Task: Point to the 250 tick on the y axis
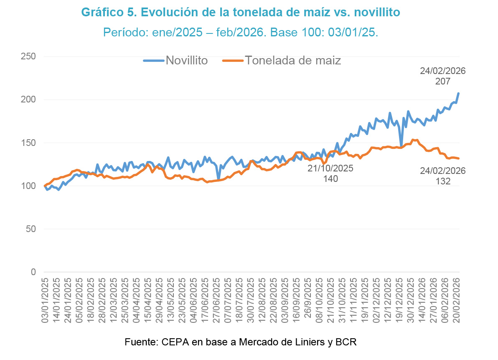[x=28, y=56]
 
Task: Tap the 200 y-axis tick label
[x=28, y=100]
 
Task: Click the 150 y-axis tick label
[x=28, y=143]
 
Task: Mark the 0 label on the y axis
[x=34, y=272]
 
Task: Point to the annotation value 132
[x=443, y=181]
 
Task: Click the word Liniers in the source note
[x=310, y=342]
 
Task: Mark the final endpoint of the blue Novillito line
[x=458, y=93]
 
